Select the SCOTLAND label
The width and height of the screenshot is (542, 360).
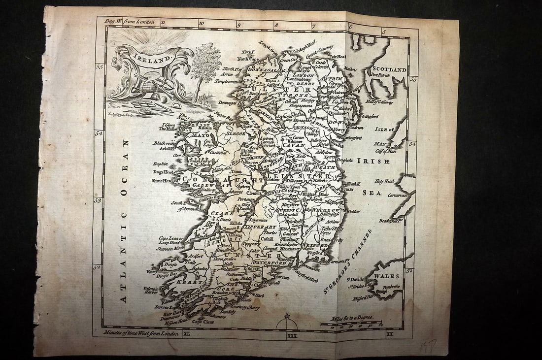[x=389, y=69]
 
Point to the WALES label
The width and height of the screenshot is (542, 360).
[x=386, y=276]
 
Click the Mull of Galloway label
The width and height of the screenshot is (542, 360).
[x=379, y=102]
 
